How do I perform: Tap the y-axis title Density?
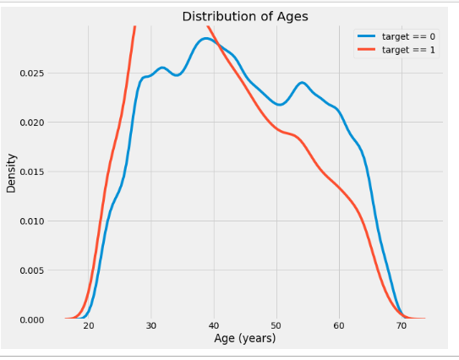11,172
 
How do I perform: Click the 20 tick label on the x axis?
89,326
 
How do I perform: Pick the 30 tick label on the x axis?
151,326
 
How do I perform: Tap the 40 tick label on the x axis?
214,326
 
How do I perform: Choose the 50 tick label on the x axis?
276,326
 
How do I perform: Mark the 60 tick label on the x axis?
339,326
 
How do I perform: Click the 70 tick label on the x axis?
402,326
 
